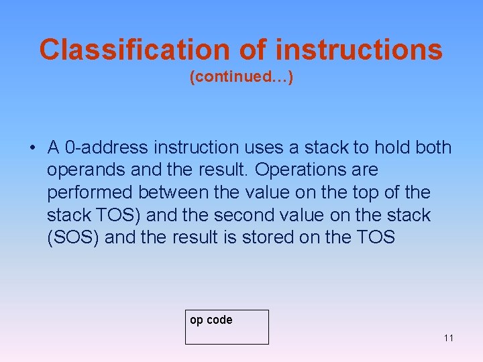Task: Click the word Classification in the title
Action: click(x=134, y=50)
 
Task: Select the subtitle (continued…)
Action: click(x=241, y=78)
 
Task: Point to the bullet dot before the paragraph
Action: click(x=32, y=147)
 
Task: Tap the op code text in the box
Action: click(x=211, y=320)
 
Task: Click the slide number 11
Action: click(x=448, y=338)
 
